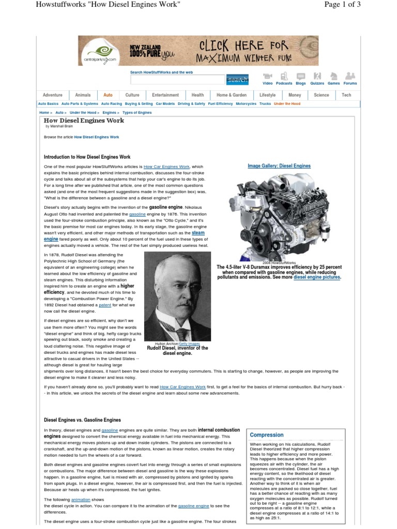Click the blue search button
click(237, 80)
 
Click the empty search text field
click(177, 80)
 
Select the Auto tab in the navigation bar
click(108, 95)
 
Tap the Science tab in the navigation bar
click(321, 95)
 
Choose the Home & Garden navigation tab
click(231, 95)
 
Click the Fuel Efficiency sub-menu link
click(220, 104)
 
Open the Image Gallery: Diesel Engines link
click(279, 166)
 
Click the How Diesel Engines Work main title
click(84, 120)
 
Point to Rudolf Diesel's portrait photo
click(177, 298)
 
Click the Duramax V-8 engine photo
click(279, 214)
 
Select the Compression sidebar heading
click(267, 435)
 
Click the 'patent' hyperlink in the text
click(105, 305)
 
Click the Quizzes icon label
click(317, 83)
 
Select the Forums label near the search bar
click(350, 83)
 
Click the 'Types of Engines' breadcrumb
click(137, 112)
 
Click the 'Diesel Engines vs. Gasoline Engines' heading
click(82, 420)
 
